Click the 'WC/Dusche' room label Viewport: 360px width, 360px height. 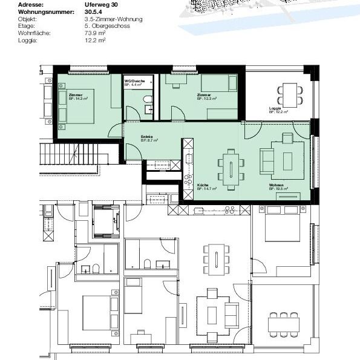pos(133,81)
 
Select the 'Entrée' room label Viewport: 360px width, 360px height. pos(147,137)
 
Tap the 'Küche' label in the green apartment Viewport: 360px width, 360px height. pos(203,185)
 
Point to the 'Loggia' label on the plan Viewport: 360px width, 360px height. pos(275,108)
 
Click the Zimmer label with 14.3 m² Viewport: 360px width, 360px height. pos(76,96)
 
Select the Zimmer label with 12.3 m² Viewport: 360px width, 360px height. pos(204,96)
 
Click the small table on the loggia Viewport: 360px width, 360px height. pos(288,94)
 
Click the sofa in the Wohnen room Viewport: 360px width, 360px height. pos(266,160)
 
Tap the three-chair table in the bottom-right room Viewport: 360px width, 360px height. pos(283,324)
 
